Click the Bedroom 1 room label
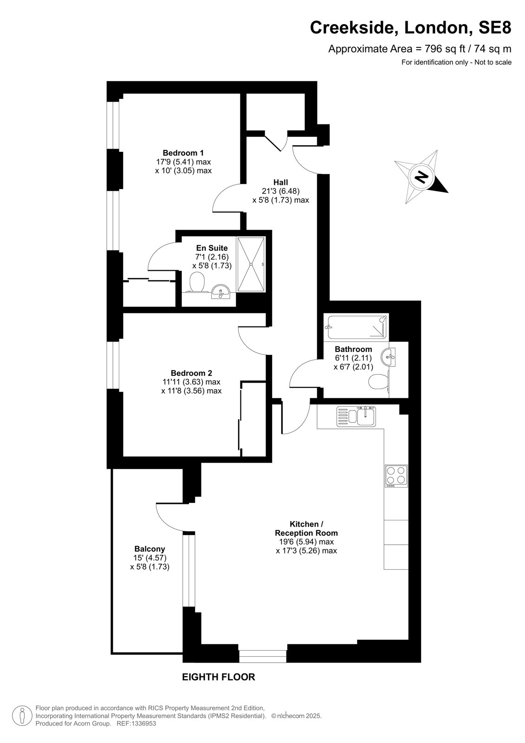pos(183,153)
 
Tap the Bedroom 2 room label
pos(191,373)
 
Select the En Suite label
pos(212,248)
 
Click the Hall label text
pos(280,182)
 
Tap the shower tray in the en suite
pos(251,264)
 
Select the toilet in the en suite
pos(197,282)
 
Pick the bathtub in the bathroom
pos(357,327)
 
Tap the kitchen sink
pos(357,416)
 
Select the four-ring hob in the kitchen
pos(396,476)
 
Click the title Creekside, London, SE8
pos(411,27)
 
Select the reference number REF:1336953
pos(136,723)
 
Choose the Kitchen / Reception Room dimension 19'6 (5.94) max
pos(306,541)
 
